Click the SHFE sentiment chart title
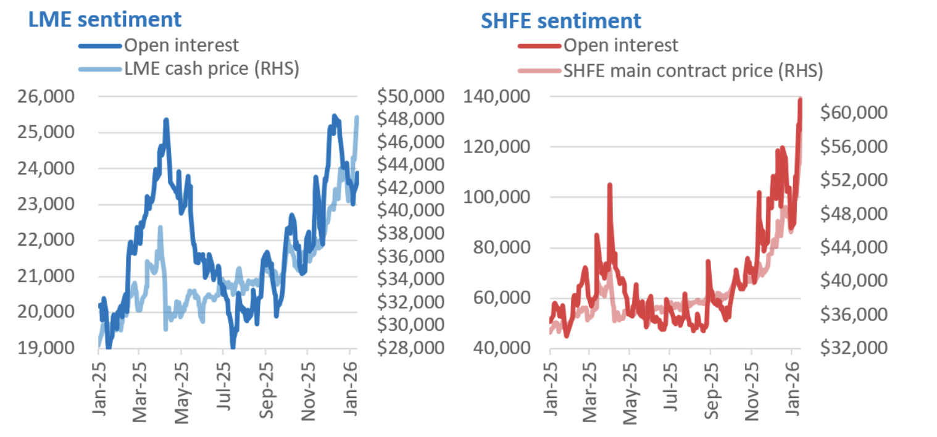[x=561, y=20]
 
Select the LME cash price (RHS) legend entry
[x=211, y=69]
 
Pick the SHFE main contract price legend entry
[x=693, y=70]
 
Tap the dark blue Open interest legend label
[x=181, y=45]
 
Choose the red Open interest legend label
[x=621, y=45]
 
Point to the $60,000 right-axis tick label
[x=854, y=113]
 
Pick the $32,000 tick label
[x=854, y=348]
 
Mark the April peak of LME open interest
[x=166, y=120]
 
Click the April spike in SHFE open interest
[x=610, y=185]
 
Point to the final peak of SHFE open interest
[x=801, y=99]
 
